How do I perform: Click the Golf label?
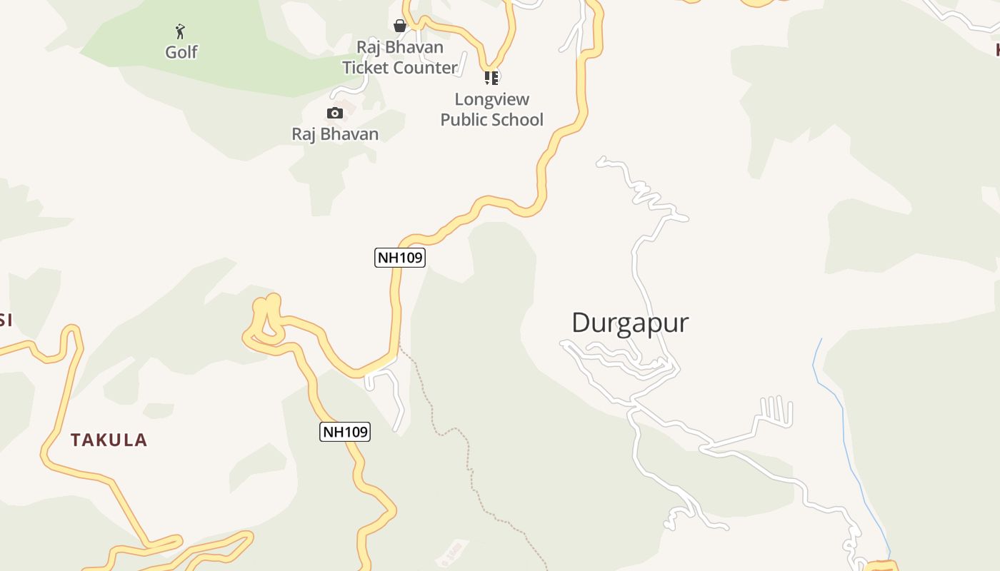(x=181, y=52)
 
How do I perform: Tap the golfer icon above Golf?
(x=180, y=31)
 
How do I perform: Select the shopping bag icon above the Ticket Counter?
(x=400, y=26)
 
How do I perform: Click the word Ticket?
(x=368, y=68)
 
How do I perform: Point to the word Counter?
(x=426, y=68)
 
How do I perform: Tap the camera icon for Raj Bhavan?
(x=334, y=113)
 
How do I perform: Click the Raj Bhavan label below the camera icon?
(x=335, y=134)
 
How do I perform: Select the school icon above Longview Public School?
(x=491, y=78)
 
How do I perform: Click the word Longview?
(x=492, y=99)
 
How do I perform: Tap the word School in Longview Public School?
(x=519, y=119)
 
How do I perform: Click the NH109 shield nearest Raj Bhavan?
(x=400, y=258)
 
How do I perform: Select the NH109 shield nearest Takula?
(x=345, y=432)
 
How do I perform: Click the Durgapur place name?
(x=630, y=323)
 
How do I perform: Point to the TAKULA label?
(x=109, y=440)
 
